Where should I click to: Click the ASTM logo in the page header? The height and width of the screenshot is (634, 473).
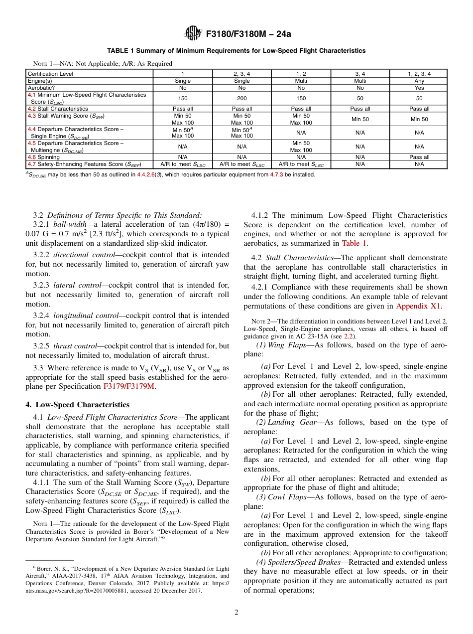(x=192, y=33)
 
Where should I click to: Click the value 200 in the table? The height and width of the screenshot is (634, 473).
(x=242, y=98)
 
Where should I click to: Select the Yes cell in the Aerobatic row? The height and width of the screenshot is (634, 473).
(x=419, y=88)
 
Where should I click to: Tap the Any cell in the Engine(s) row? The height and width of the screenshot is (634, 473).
(x=419, y=81)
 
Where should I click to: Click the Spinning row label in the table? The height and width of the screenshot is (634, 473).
(x=44, y=157)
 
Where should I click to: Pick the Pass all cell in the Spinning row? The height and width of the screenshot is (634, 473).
(x=419, y=157)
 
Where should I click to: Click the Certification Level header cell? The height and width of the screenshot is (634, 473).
(x=51, y=74)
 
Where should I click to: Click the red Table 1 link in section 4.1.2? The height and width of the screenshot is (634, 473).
(x=354, y=243)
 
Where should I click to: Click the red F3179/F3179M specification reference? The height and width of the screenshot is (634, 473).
(x=129, y=386)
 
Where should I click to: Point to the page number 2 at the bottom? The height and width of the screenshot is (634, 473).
(x=236, y=613)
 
